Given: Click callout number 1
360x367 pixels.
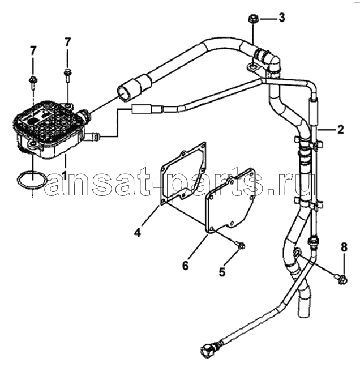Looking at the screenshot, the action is click(x=65, y=175).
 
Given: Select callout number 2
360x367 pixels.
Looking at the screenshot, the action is click(x=340, y=130).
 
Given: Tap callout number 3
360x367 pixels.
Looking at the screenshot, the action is click(x=282, y=18).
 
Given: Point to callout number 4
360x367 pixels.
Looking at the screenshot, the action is click(x=138, y=232).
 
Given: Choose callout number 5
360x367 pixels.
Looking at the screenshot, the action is click(x=222, y=272).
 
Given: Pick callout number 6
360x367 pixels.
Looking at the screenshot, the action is click(x=185, y=266).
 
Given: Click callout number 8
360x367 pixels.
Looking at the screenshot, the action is click(x=344, y=247).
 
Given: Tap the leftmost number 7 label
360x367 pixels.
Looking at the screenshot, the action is click(x=33, y=50).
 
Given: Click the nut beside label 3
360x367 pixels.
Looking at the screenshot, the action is click(x=252, y=19).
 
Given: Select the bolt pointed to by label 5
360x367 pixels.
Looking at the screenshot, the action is click(x=241, y=245).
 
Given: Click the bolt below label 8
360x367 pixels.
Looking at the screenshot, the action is click(x=342, y=279).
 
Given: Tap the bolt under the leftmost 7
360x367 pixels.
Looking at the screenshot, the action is click(x=32, y=83).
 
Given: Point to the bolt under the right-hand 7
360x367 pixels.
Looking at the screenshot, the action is click(x=67, y=75).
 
